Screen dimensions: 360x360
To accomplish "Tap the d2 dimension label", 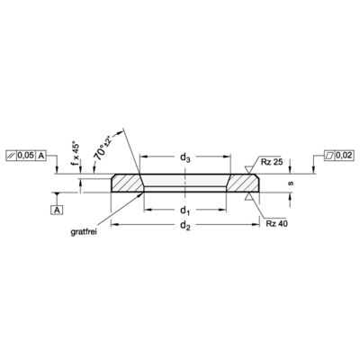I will pyautogui.click(x=184, y=229).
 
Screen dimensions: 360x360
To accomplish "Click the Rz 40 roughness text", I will pyautogui.click(x=275, y=222).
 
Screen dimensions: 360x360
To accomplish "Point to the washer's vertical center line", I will pyautogui.click(x=184, y=184).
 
